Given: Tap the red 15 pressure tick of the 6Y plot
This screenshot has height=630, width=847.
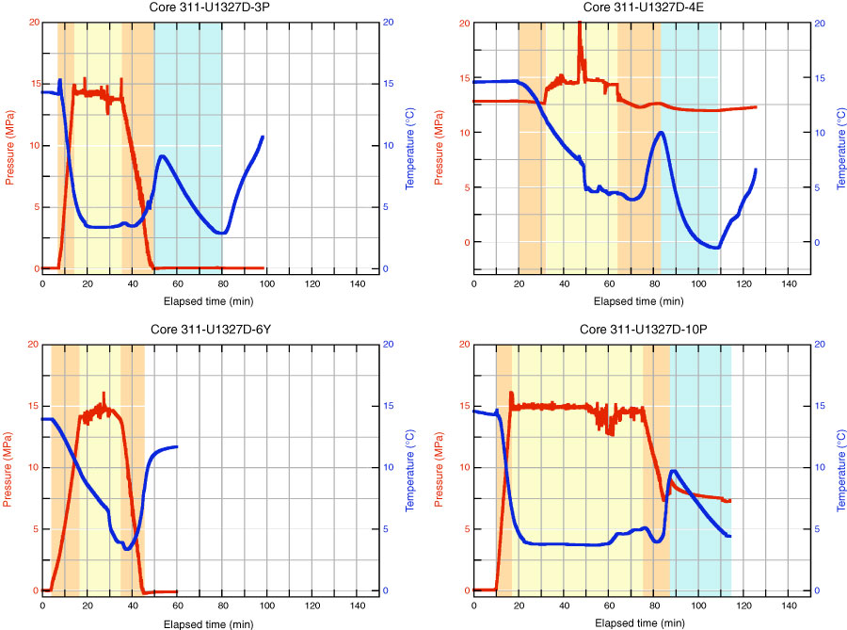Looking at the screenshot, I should click(x=32, y=406).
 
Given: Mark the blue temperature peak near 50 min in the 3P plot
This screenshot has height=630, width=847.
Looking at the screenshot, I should click(x=162, y=156).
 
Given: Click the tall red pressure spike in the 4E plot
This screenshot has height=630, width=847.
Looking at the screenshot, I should click(x=579, y=23).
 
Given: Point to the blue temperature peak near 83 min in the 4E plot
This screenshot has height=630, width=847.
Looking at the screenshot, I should click(x=662, y=133).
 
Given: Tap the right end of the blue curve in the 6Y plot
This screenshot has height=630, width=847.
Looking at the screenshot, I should click(x=176, y=446).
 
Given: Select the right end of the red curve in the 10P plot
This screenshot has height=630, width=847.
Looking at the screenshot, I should click(x=729, y=501).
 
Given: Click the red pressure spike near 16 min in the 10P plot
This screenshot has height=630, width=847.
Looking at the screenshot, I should click(x=511, y=393).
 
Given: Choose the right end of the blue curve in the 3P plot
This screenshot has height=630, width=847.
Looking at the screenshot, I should click(x=263, y=137).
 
